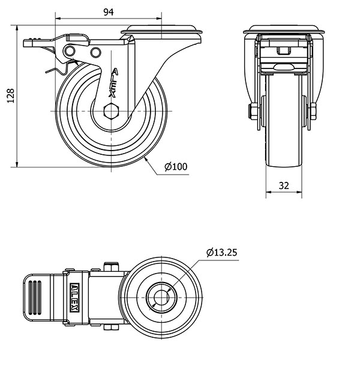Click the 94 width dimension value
click(109, 12)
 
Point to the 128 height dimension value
click(11, 95)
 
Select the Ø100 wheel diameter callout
click(176, 167)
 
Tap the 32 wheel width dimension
click(284, 185)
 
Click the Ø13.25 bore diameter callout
click(222, 253)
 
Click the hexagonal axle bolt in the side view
click(112, 111)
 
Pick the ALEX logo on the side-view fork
click(113, 83)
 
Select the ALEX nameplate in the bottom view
click(75, 298)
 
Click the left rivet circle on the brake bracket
click(70, 51)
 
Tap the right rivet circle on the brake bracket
click(95, 52)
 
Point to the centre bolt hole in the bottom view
click(161, 298)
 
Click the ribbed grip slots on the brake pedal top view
click(35, 298)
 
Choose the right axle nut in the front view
click(313, 112)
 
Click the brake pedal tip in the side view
click(28, 43)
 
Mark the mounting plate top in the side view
click(161, 29)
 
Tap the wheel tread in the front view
click(284, 121)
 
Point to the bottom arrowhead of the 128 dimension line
click(17, 164)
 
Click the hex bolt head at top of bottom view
click(112, 267)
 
